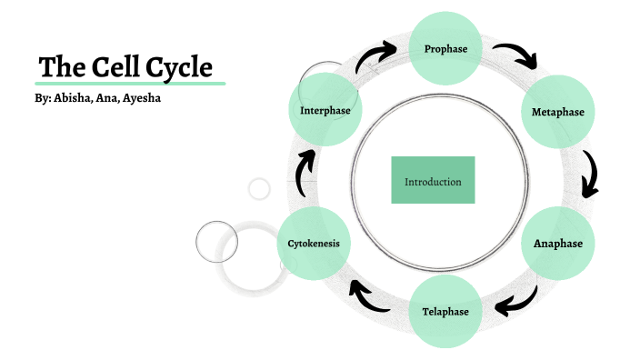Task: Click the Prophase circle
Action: pos(445,47)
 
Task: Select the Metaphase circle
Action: pos(557,112)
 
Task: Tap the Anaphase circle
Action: pos(557,243)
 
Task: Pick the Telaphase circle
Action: pos(445,311)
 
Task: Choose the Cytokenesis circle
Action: pos(314,244)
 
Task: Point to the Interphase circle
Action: pos(325,111)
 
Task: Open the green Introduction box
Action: pos(433,180)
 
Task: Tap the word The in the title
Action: pos(58,67)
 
